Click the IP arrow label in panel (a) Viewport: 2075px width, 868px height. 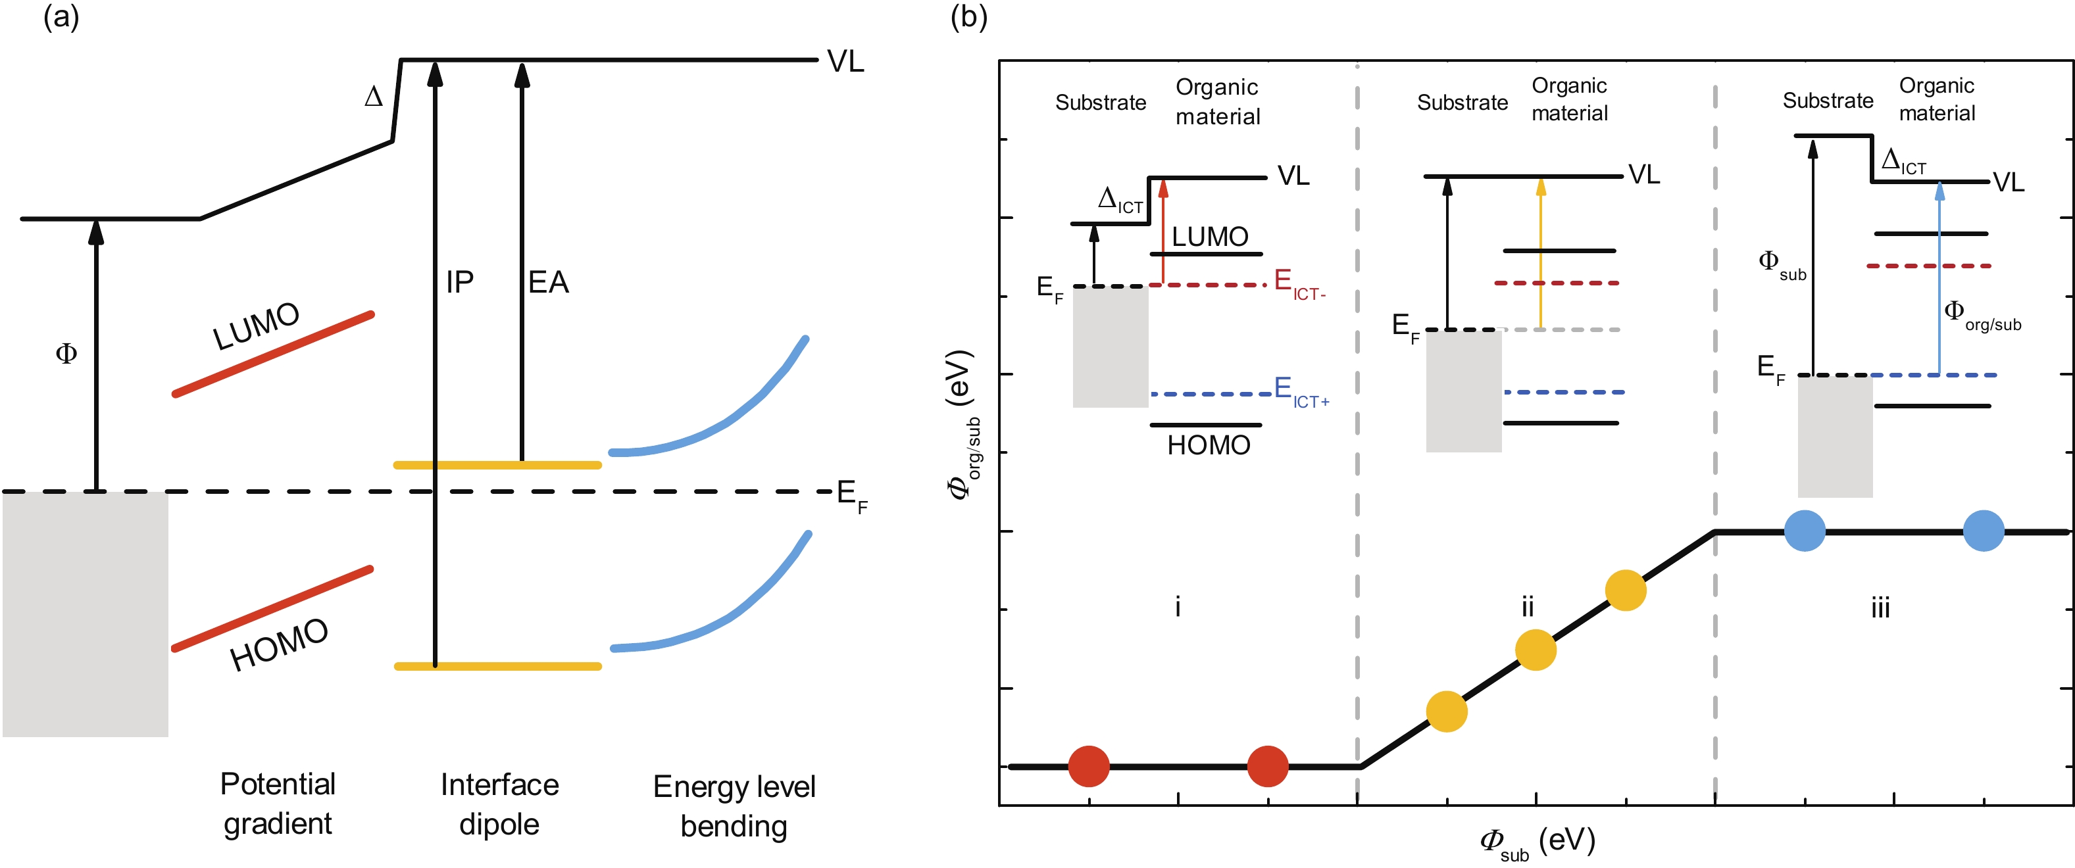tap(460, 282)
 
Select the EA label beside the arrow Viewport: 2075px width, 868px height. tap(549, 282)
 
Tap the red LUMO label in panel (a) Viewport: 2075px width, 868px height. tap(256, 326)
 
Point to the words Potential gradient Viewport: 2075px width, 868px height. tap(278, 804)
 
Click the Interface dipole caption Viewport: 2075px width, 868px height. tap(499, 804)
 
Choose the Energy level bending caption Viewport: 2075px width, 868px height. tap(734, 806)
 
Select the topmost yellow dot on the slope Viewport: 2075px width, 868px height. tap(1626, 591)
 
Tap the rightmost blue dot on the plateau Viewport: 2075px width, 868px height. tap(1983, 531)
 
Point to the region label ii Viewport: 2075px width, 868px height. tap(1527, 606)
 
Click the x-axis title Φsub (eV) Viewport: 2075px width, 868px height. tap(1537, 842)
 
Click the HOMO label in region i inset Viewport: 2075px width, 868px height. tap(1209, 445)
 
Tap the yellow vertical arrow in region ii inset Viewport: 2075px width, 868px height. tap(1541, 254)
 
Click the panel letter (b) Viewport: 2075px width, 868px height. tap(968, 17)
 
